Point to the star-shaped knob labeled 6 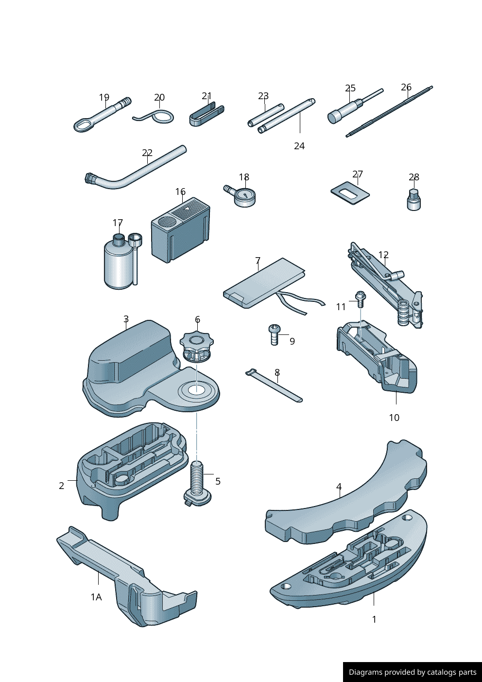tap(197, 348)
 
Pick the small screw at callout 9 tap(275, 334)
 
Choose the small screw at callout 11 tap(360, 299)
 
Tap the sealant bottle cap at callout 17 tap(119, 238)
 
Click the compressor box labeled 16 tap(180, 230)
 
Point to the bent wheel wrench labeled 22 tap(135, 167)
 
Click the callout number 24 tap(299, 146)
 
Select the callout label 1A tap(97, 597)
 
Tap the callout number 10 tap(394, 418)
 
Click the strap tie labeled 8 tap(274, 386)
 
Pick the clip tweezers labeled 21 tap(207, 114)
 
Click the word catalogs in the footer tap(439, 672)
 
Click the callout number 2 tap(62, 486)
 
